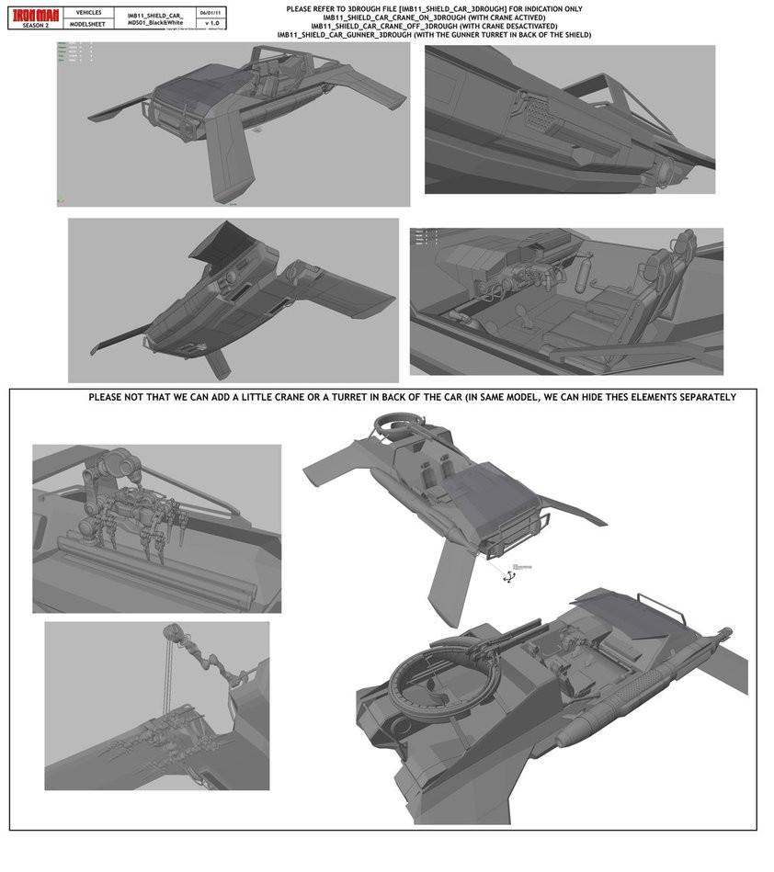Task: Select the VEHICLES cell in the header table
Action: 88,12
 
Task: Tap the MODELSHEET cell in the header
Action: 88,24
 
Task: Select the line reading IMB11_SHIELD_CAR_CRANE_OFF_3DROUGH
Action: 434,26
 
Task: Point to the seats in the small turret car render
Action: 434,470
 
